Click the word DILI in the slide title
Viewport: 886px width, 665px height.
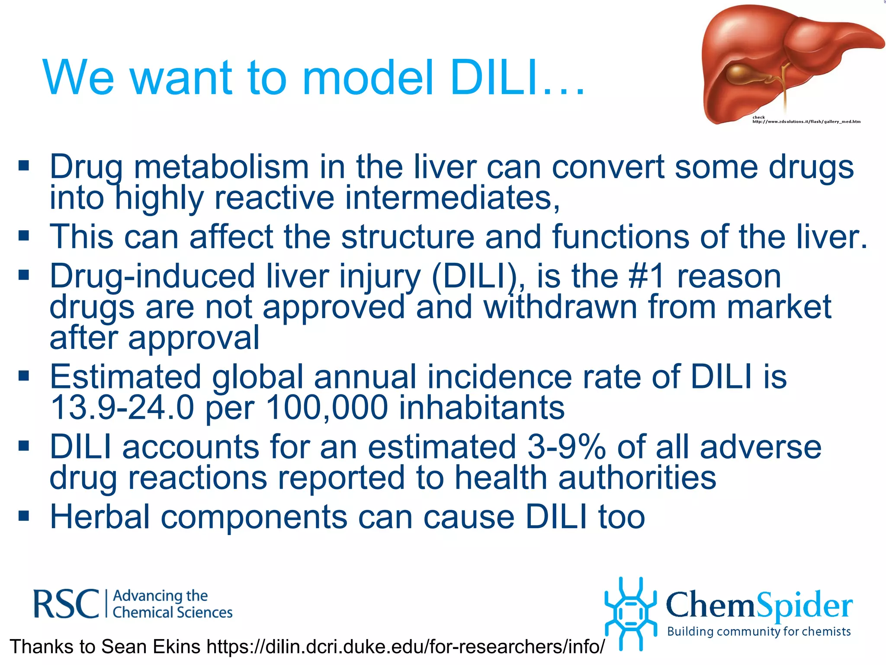click(x=493, y=78)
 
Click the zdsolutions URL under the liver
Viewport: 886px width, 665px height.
click(x=806, y=122)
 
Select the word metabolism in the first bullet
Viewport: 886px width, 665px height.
click(x=221, y=167)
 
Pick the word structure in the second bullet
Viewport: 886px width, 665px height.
click(x=408, y=237)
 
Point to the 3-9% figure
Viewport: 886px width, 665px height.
click(x=566, y=447)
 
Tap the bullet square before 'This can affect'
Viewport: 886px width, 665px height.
click(x=24, y=236)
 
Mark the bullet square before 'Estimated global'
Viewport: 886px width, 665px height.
click(x=24, y=375)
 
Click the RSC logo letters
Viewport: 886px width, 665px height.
click(x=66, y=604)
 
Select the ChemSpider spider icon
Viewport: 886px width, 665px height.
click(x=630, y=613)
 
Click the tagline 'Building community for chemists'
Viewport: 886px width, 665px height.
click(x=759, y=632)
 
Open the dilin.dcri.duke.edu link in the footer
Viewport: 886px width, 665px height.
click(x=405, y=647)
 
